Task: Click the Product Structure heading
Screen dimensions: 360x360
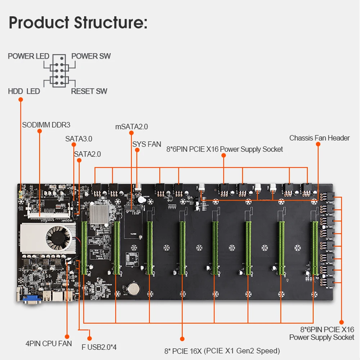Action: [78, 22]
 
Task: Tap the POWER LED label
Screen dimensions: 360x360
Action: [28, 56]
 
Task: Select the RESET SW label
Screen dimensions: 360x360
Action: [89, 91]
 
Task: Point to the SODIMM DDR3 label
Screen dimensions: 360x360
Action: [46, 125]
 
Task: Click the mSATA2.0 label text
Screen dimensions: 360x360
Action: [131, 126]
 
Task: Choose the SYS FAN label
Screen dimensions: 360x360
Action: [147, 144]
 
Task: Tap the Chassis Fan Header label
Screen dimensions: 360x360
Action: [319, 138]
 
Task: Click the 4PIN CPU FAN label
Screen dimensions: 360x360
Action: [49, 343]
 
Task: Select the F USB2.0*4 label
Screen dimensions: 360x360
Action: [99, 347]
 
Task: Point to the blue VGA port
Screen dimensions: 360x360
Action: [32, 299]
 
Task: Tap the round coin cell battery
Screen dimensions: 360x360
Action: [134, 289]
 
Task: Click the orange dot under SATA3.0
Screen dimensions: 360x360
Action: [74, 144]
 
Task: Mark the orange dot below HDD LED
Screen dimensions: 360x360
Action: [21, 99]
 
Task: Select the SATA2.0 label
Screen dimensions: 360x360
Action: [87, 154]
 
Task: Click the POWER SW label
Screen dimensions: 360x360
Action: [91, 56]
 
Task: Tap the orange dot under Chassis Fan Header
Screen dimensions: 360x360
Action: [318, 144]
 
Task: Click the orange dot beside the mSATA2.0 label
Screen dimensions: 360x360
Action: [131, 133]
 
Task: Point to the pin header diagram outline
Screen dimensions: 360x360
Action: [59, 71]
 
